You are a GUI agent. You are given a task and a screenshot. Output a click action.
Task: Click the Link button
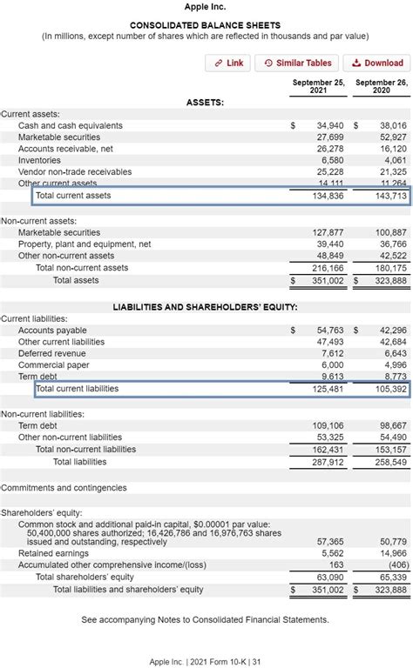pos(228,63)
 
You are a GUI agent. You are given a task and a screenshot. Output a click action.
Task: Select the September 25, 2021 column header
pos(318,87)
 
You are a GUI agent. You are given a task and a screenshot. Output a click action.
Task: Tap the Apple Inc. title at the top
pos(206,7)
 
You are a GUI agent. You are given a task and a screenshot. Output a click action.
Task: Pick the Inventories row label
pos(39,160)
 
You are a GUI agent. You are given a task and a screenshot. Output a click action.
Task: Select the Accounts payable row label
pos(53,331)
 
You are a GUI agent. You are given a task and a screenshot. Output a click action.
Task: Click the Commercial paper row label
pos(55,365)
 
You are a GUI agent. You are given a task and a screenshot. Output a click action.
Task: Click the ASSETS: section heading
pos(205,103)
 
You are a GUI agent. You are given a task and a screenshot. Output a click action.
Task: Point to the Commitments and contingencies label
pos(64,488)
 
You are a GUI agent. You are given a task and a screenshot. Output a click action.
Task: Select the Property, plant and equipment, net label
pos(85,244)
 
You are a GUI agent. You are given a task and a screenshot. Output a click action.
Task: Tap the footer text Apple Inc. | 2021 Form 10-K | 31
pos(206,661)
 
